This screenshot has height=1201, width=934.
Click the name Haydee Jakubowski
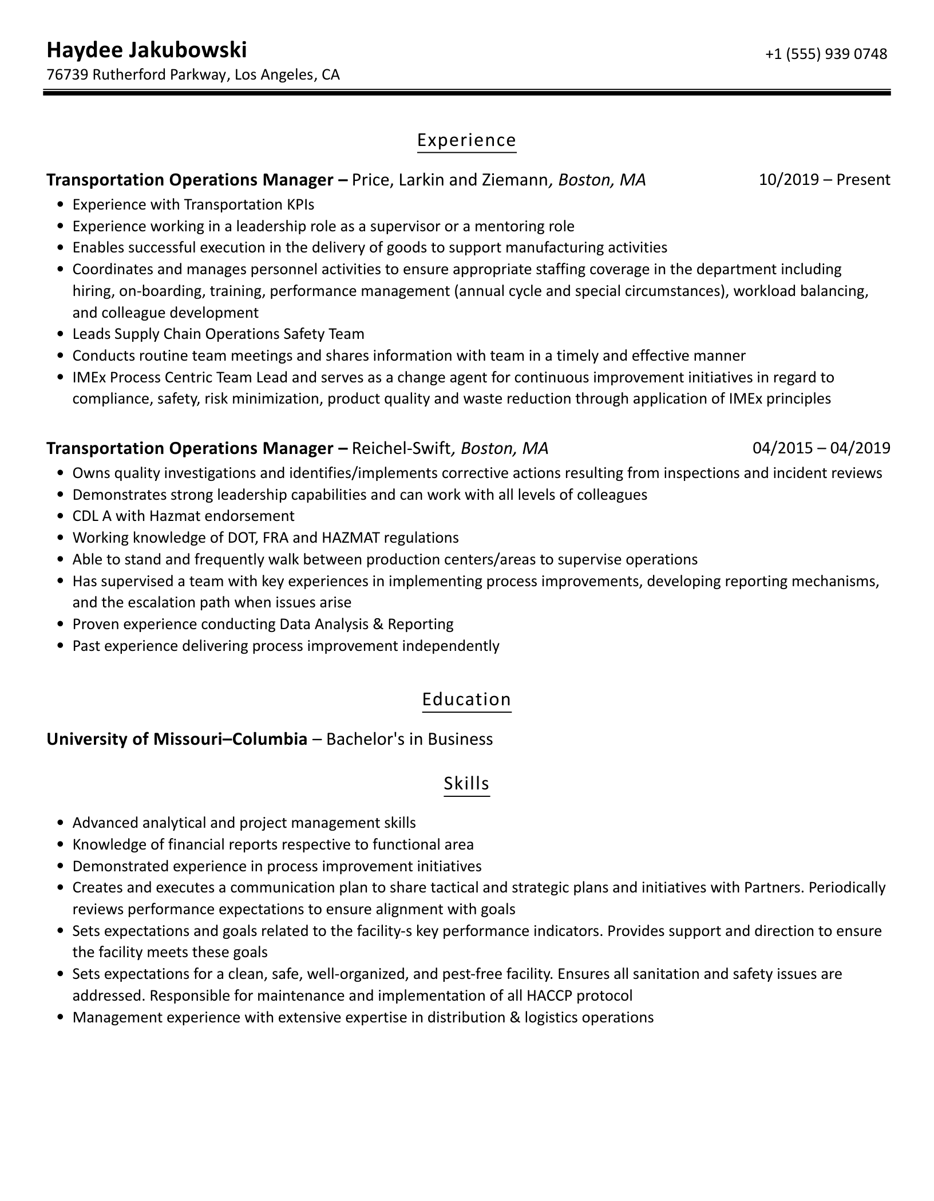pyautogui.click(x=147, y=50)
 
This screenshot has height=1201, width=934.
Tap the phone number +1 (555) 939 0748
pyautogui.click(x=826, y=54)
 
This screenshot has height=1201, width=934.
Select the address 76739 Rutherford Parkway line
pyautogui.click(x=193, y=74)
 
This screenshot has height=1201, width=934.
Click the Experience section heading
pyautogui.click(x=466, y=140)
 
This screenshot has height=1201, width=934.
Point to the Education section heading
pyautogui.click(x=466, y=700)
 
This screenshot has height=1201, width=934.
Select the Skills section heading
pyautogui.click(x=466, y=783)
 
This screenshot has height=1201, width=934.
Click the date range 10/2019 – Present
pyautogui.click(x=824, y=180)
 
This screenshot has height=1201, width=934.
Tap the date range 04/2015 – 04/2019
pyautogui.click(x=821, y=448)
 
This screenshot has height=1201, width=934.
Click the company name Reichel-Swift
pyautogui.click(x=401, y=448)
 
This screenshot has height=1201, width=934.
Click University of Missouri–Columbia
pyautogui.click(x=177, y=739)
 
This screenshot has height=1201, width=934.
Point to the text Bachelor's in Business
pyautogui.click(x=410, y=739)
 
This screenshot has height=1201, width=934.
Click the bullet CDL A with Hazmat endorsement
pyautogui.click(x=183, y=516)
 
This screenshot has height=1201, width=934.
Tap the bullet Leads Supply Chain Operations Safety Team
pyautogui.click(x=218, y=334)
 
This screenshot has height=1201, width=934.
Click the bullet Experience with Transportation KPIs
pyautogui.click(x=193, y=204)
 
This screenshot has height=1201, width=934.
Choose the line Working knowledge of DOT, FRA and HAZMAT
pyautogui.click(x=266, y=538)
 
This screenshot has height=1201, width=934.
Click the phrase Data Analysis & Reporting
pyautogui.click(x=366, y=624)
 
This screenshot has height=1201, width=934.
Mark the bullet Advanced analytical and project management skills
pyautogui.click(x=244, y=823)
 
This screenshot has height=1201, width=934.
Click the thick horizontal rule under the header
pyautogui.click(x=466, y=92)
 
